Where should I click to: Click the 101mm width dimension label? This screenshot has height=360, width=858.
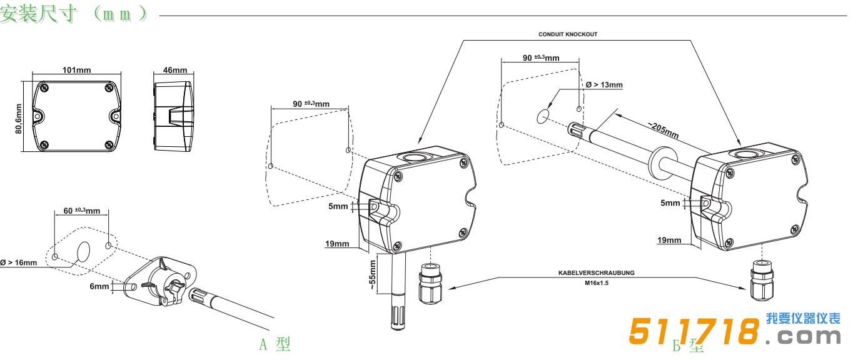coord(76,70)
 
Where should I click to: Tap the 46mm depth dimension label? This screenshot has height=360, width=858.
coord(174,70)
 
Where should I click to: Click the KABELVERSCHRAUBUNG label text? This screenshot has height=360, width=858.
coord(596,272)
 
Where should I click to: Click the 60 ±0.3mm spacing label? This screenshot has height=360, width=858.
coord(81,211)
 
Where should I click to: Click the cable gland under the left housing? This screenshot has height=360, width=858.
coord(428,284)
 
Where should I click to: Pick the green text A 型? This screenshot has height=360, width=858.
coord(275,344)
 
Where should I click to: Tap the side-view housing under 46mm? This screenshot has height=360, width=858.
coord(171,113)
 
